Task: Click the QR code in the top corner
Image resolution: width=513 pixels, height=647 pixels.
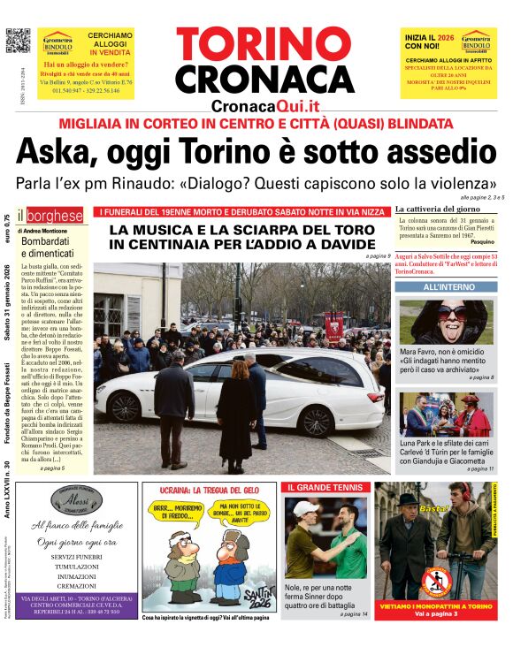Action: (x=18, y=41)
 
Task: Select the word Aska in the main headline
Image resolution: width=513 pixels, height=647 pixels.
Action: (x=58, y=153)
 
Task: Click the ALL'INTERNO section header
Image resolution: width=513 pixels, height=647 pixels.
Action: (x=448, y=287)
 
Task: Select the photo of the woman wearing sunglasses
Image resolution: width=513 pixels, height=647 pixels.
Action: (x=448, y=322)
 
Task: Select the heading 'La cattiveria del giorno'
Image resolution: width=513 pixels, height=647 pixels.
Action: (x=440, y=208)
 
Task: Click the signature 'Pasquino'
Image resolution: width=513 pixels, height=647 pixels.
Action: (x=481, y=241)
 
